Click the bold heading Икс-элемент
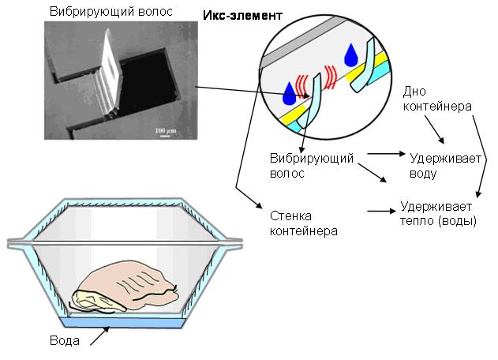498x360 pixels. (x=242, y=16)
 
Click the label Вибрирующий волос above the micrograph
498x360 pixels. (x=111, y=12)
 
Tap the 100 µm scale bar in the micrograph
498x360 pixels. (x=165, y=136)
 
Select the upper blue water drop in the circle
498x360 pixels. (x=351, y=55)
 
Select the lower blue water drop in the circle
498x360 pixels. (x=290, y=94)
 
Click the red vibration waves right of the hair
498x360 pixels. (x=330, y=77)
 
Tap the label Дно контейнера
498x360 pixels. (x=437, y=99)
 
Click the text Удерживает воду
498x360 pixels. (x=445, y=166)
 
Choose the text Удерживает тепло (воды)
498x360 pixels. (x=438, y=213)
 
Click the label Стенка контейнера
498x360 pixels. (x=303, y=223)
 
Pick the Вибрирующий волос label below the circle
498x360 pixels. (x=311, y=166)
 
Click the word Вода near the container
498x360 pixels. (x=65, y=340)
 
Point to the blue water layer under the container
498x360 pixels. (x=122, y=323)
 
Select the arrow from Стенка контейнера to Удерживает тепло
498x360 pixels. (x=381, y=211)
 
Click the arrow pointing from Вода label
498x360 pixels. (x=99, y=336)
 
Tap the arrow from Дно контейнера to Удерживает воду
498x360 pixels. (x=434, y=129)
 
